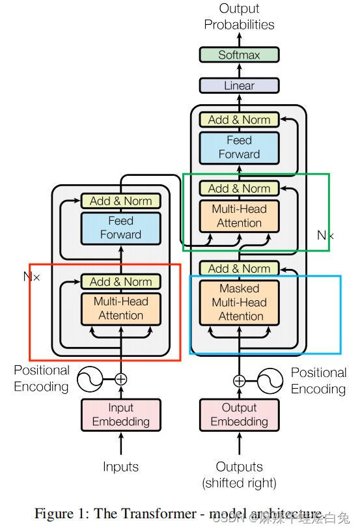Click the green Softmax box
coord(239,55)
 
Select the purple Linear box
coord(239,85)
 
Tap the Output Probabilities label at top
coord(239,17)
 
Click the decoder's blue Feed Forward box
coord(239,147)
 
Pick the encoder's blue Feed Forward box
coord(120,228)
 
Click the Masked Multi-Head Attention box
coord(239,302)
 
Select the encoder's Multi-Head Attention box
coord(120,309)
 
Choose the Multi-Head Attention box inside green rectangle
coord(239,216)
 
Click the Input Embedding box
coord(120,415)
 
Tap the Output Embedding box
coord(239,415)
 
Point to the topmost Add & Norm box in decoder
coord(239,120)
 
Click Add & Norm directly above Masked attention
coord(239,268)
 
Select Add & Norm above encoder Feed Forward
coord(120,201)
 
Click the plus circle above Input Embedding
coord(120,379)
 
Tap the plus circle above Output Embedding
coord(240,381)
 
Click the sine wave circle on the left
coord(90,378)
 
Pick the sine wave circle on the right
coord(269,381)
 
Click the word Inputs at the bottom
coord(120,467)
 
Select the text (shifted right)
coord(239,483)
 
